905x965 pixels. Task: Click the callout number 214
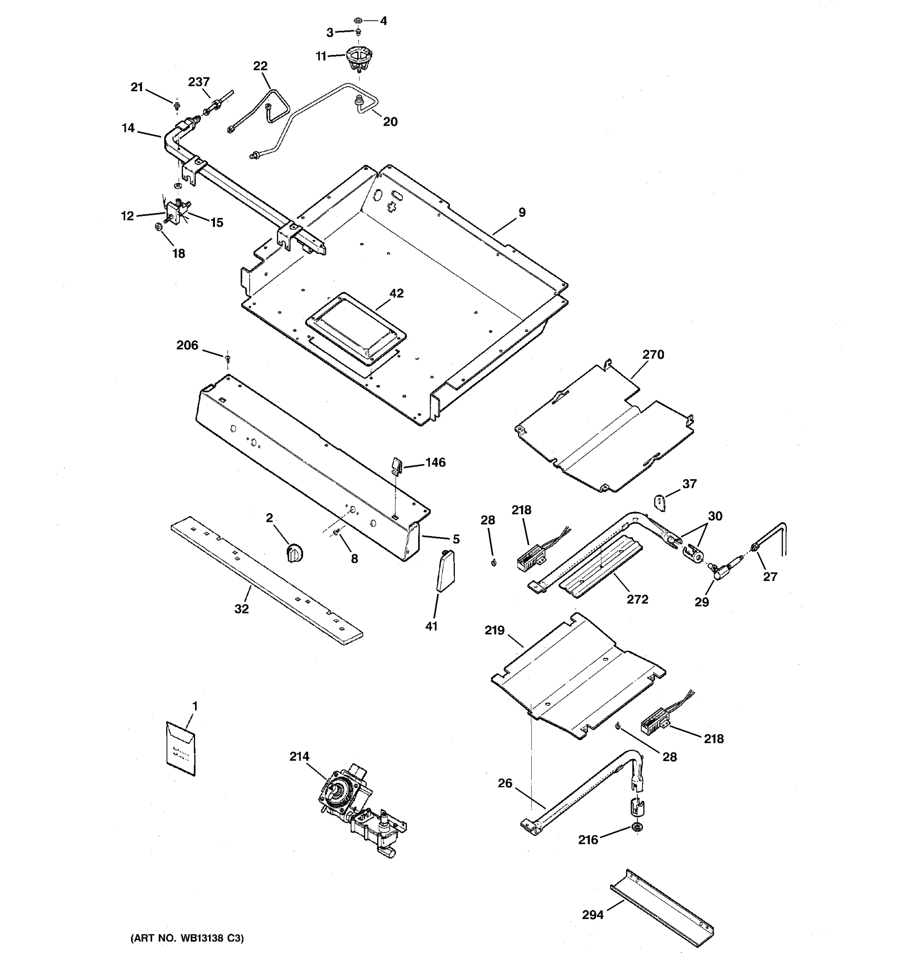299,756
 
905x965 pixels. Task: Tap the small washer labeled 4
358,21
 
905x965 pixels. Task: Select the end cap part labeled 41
445,571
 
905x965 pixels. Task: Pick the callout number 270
653,354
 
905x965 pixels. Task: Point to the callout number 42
396,293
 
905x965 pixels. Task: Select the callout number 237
199,82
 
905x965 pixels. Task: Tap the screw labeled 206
227,358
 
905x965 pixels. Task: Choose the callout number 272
637,600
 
